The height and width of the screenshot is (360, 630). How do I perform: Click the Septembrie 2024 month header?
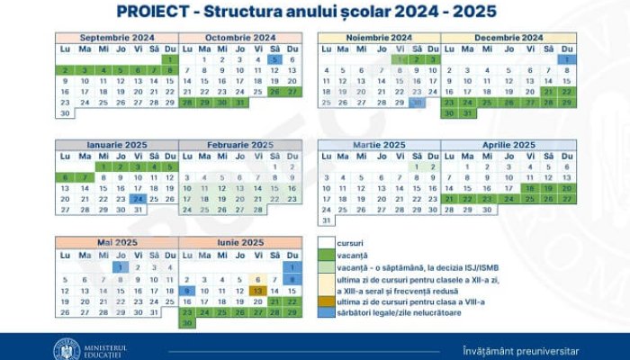pyautogui.click(x=117, y=37)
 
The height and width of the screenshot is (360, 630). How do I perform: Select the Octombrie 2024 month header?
pyautogui.click(x=239, y=37)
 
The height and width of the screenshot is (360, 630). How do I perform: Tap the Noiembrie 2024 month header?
pyautogui.click(x=379, y=37)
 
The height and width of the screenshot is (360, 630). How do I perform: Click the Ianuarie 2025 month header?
pyautogui.click(x=117, y=144)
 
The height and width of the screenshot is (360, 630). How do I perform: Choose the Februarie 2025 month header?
pyautogui.click(x=239, y=144)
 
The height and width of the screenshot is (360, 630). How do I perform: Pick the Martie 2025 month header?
pyautogui.click(x=379, y=144)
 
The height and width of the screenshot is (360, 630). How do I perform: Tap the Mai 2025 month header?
pyautogui.click(x=117, y=243)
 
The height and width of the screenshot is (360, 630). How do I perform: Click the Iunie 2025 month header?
pyautogui.click(x=239, y=243)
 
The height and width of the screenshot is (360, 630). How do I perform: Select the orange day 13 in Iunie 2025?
pyautogui.click(x=257, y=291)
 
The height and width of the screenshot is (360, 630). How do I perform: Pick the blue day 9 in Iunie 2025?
pyautogui.click(x=188, y=291)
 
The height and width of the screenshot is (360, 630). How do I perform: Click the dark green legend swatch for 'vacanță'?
pyautogui.click(x=326, y=255)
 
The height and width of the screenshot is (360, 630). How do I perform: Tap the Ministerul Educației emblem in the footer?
pyautogui.click(x=67, y=348)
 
